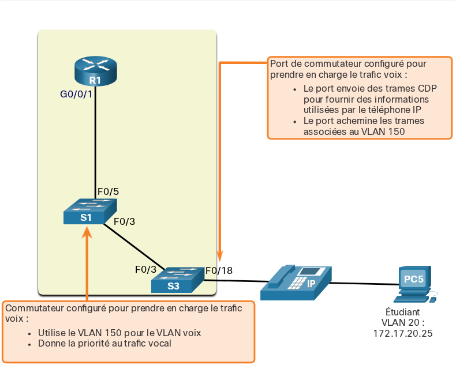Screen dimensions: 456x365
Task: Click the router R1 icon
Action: [96, 71]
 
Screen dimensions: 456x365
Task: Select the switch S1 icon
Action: [90, 211]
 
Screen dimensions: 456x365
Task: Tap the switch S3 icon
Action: [178, 280]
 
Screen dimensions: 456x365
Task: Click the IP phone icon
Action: [296, 283]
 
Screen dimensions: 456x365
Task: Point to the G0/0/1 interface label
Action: [76, 94]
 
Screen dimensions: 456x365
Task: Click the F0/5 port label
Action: [108, 191]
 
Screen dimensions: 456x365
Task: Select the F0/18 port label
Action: [219, 270]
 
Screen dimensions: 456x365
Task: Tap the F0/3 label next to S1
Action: [124, 222]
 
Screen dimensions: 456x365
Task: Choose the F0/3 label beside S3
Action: [145, 269]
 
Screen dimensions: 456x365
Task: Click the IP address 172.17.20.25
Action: [403, 333]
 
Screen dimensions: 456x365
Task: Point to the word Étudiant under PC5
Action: [403, 312]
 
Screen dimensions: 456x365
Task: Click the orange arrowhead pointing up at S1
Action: [87, 233]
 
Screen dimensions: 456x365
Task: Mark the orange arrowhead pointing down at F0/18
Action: [220, 256]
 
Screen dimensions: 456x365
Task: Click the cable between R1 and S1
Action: [95, 142]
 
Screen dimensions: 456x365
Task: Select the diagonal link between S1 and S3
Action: [134, 247]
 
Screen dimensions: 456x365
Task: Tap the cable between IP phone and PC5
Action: [365, 283]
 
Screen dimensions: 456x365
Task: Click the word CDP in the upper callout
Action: [427, 88]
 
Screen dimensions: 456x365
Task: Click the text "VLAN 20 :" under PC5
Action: [403, 322]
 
